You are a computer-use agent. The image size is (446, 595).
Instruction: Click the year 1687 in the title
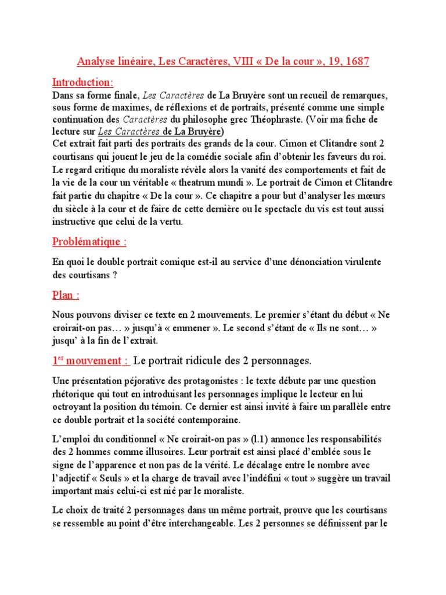click(x=357, y=61)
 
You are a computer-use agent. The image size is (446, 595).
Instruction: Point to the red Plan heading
click(x=66, y=295)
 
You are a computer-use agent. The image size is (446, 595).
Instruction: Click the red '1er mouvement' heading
click(x=91, y=361)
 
